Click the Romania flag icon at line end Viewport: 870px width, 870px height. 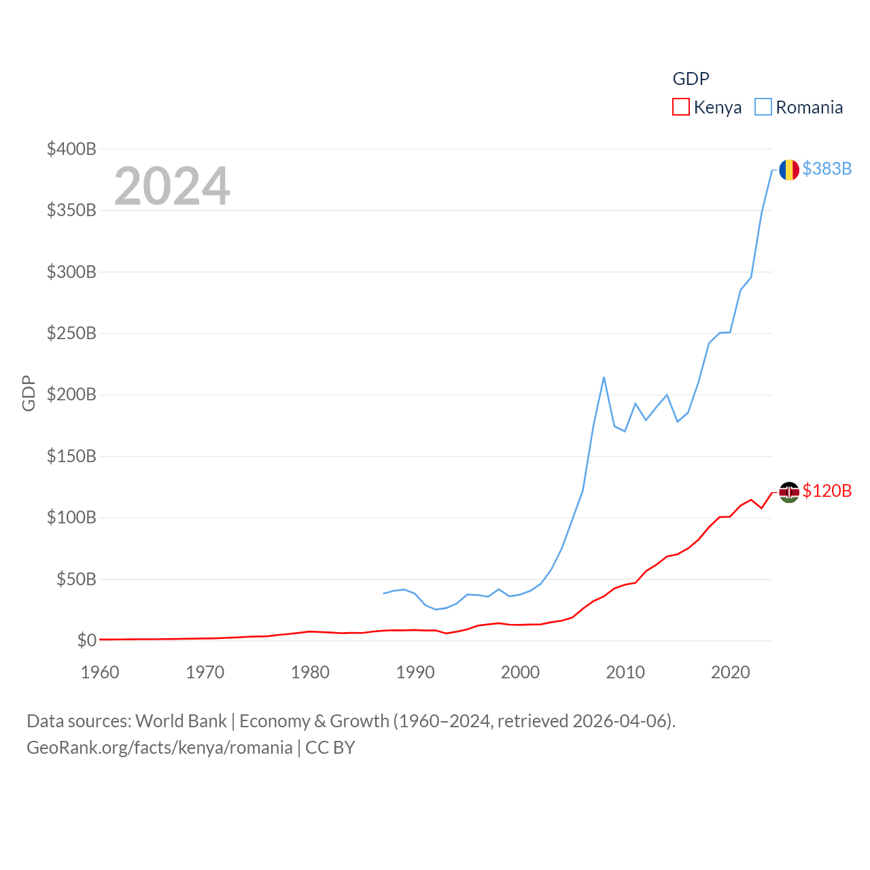(x=788, y=169)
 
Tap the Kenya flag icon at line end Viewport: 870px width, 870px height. (x=788, y=491)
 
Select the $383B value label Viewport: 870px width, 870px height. (x=826, y=169)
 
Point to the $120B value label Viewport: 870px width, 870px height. (x=826, y=491)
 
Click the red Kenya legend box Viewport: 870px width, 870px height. (x=680, y=107)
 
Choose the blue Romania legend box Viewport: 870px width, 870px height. (x=763, y=107)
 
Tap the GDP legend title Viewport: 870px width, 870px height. (x=691, y=79)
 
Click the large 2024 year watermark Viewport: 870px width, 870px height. (x=172, y=186)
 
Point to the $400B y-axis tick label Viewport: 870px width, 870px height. (x=71, y=149)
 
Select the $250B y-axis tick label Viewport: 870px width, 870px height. (x=71, y=333)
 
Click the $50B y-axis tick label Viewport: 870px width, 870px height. (x=76, y=579)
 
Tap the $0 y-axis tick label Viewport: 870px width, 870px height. (x=86, y=640)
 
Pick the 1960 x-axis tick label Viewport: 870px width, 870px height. (x=100, y=672)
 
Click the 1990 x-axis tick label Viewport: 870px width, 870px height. (x=415, y=672)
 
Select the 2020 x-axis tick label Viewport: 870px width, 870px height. (x=730, y=672)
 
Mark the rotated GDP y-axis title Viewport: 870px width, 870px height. (x=29, y=393)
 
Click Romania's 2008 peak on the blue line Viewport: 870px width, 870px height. (x=604, y=377)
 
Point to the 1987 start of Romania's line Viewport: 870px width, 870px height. (x=384, y=593)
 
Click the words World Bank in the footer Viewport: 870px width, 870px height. (x=181, y=721)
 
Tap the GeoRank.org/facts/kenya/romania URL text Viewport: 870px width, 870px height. (x=160, y=748)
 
